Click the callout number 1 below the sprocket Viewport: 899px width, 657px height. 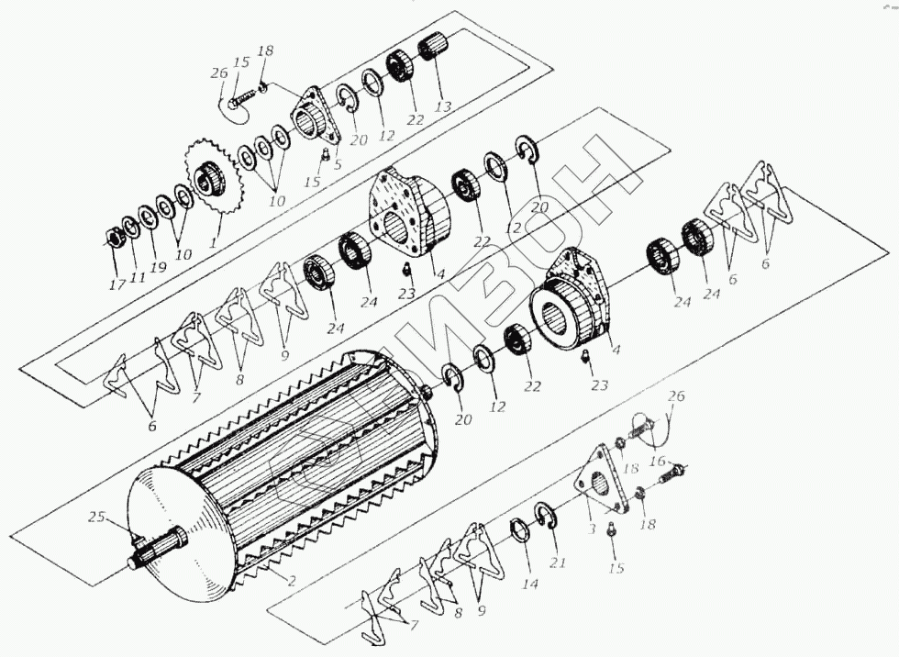pos(215,245)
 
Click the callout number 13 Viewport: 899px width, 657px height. pos(443,107)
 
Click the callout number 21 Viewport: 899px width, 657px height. pos(558,563)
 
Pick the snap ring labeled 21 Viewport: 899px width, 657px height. pos(545,517)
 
